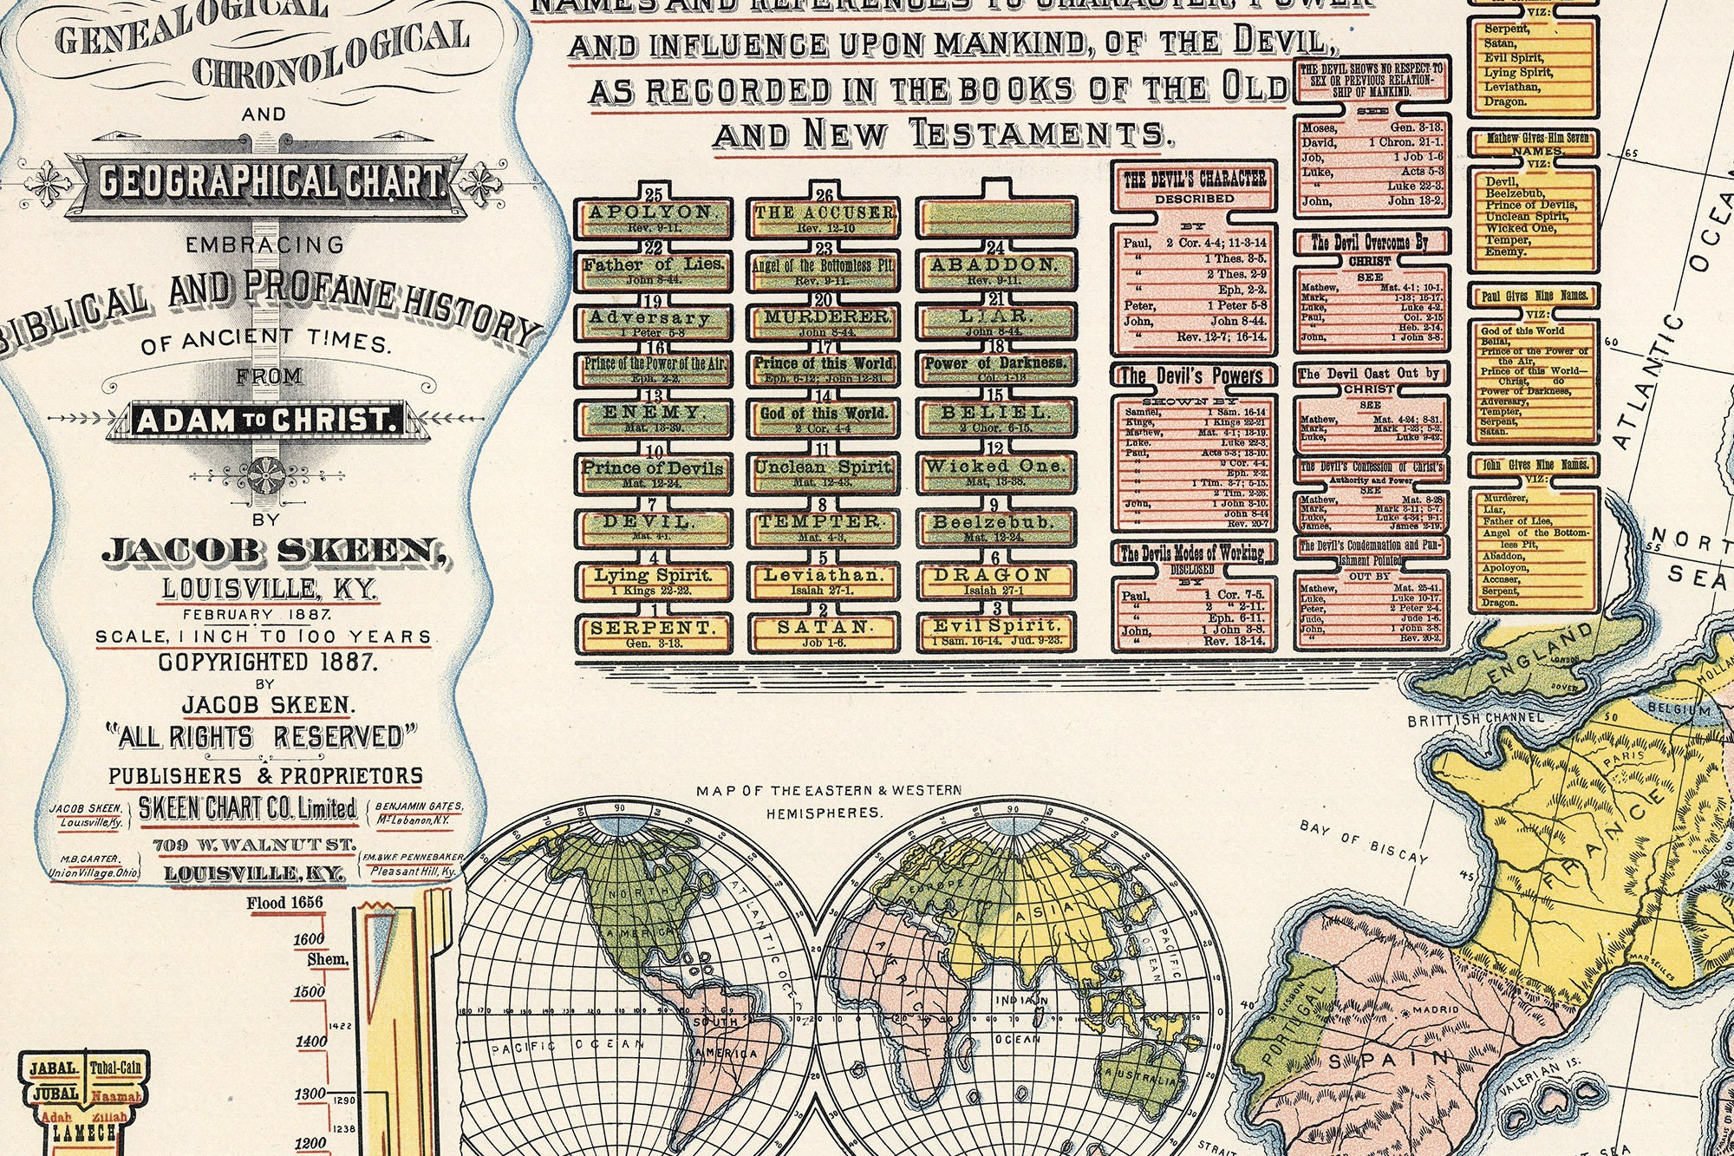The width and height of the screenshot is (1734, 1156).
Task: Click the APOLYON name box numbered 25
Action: point(653,217)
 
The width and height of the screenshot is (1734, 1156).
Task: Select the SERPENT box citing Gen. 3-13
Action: point(653,633)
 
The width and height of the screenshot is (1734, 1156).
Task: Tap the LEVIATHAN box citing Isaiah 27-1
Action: point(823,581)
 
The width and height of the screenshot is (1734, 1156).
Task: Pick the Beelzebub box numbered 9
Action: point(995,527)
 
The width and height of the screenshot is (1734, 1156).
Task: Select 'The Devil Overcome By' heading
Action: point(1370,244)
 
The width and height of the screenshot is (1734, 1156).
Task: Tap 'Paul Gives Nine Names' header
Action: point(1534,296)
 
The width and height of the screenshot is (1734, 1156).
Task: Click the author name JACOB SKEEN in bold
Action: point(276,552)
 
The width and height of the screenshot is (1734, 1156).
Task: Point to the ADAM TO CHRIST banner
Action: point(266,421)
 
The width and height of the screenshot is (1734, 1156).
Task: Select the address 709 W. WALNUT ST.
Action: point(254,845)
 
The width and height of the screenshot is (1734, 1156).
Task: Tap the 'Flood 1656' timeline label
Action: point(284,903)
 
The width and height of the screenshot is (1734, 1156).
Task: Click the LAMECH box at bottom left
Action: point(83,1133)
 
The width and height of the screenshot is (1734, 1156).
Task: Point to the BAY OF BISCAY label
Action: point(1363,840)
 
